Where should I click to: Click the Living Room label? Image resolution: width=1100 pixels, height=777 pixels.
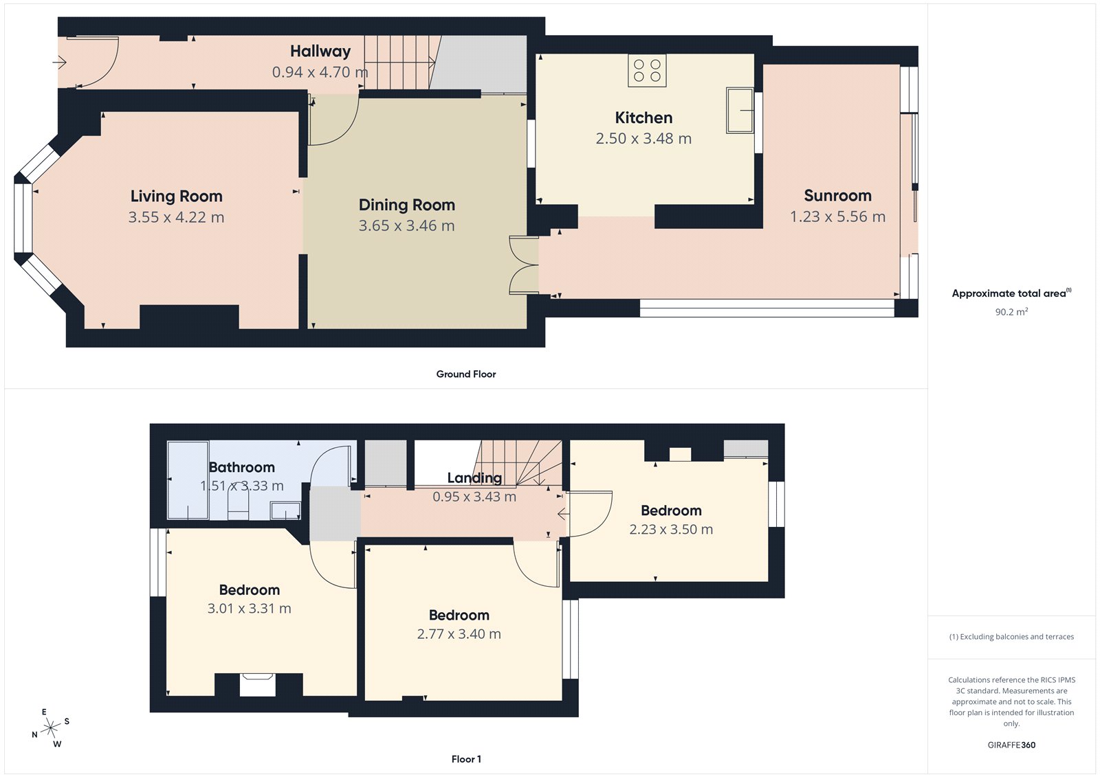[176, 196]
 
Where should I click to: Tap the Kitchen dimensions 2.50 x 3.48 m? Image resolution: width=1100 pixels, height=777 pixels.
[643, 139]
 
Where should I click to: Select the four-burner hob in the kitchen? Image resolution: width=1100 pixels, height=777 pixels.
[647, 71]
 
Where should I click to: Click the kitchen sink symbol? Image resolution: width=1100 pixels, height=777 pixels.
[740, 110]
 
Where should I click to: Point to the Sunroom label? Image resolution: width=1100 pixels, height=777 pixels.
[837, 196]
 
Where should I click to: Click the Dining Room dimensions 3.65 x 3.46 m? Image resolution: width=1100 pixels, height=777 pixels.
[406, 226]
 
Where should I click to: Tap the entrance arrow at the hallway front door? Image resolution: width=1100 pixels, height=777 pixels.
[59, 63]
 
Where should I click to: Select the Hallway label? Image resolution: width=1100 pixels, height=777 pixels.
[320, 52]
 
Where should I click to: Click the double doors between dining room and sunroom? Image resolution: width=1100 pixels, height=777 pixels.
[524, 265]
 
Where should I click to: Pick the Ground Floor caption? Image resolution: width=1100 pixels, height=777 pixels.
[465, 374]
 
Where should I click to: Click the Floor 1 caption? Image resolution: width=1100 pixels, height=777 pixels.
[466, 759]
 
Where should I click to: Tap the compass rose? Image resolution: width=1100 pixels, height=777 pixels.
[51, 729]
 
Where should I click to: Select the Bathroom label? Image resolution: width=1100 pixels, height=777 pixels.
[241, 468]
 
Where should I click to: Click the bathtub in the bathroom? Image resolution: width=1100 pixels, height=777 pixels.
[188, 480]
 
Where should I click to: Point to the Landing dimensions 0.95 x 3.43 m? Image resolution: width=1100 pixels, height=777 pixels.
[474, 497]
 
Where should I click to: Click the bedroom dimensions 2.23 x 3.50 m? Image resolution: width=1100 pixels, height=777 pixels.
[671, 530]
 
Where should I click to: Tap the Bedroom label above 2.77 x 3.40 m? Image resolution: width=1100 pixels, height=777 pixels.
[459, 616]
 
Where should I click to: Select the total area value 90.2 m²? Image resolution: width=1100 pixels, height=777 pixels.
[1011, 312]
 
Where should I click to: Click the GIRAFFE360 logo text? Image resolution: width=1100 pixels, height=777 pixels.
[1011, 745]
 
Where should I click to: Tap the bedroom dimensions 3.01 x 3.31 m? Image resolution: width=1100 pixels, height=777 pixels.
[249, 609]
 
